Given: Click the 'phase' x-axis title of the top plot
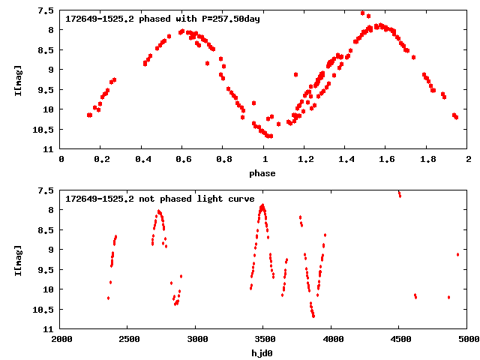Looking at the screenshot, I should click(262, 173).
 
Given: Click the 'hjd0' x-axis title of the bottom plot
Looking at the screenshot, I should click(262, 353).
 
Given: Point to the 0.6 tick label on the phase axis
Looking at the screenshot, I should click(183, 159).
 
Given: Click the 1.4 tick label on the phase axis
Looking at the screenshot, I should click(346, 159).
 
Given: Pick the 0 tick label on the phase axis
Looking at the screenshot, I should click(61, 159).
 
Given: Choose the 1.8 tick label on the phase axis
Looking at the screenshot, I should click(427, 159).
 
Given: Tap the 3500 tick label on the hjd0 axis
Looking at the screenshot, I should click(265, 339).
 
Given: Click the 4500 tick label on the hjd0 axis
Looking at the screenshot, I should click(400, 339).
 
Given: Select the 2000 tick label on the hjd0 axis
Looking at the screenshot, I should click(61, 339).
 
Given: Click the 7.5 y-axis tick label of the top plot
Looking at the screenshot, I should click(45, 10).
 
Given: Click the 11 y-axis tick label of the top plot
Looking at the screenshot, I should click(48, 149).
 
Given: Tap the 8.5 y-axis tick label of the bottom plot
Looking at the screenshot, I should click(45, 230).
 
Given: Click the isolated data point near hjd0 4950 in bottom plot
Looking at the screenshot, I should click(457, 254).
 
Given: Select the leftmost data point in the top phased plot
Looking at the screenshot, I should click(89, 115).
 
